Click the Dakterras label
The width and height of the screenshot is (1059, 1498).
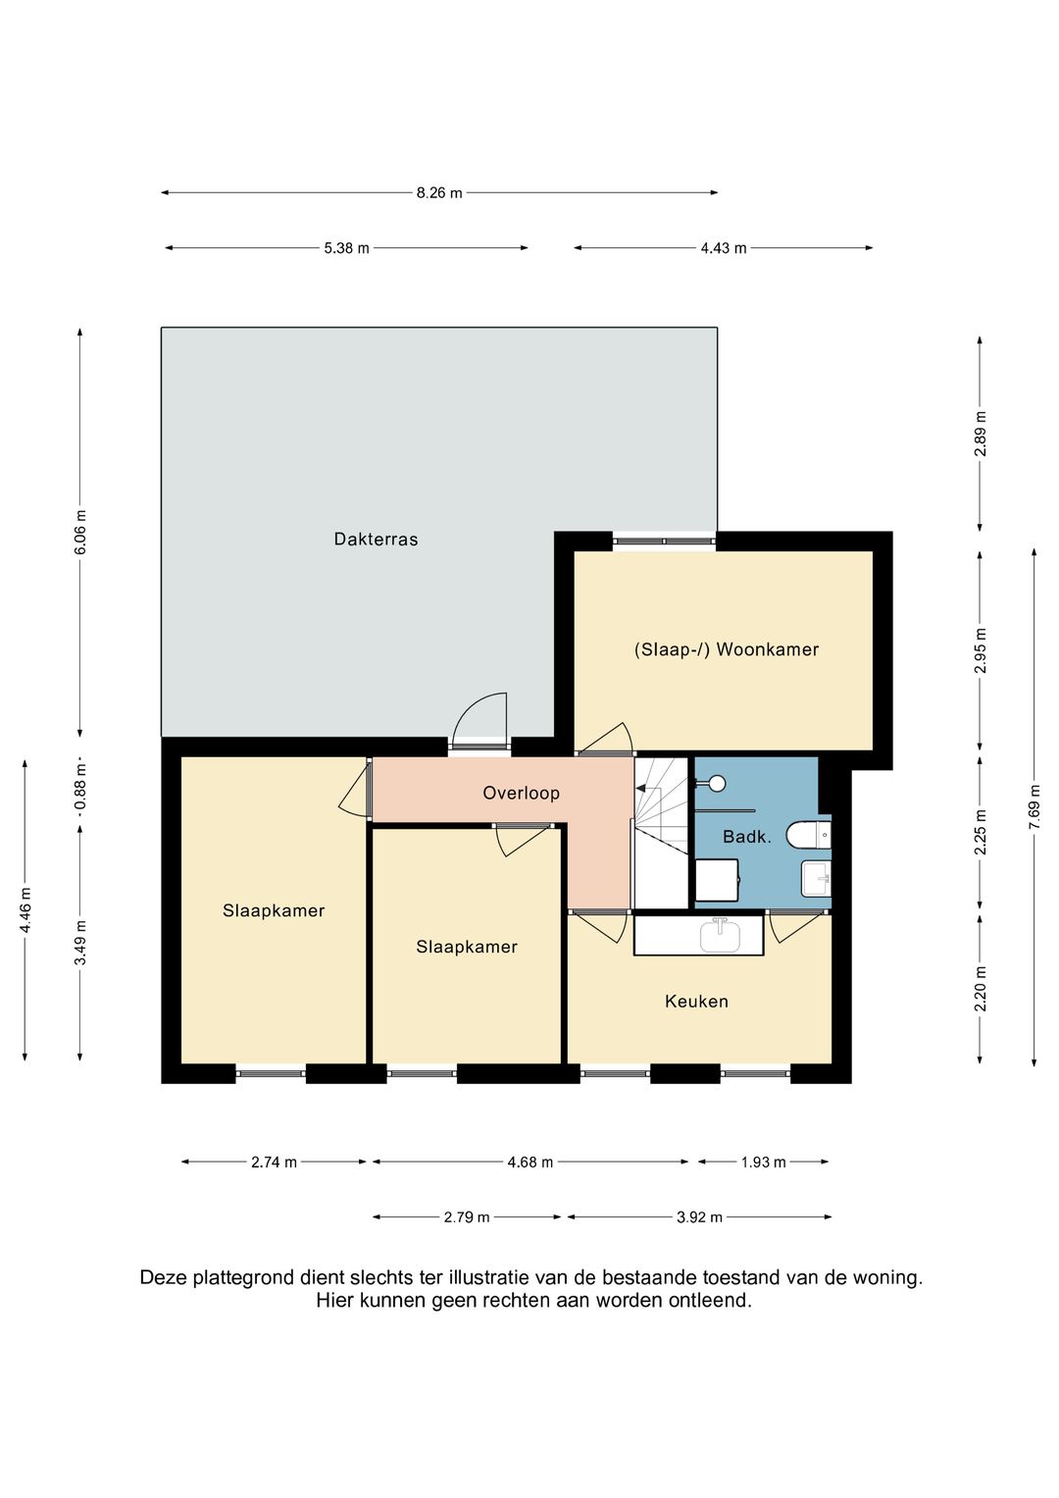pos(376,539)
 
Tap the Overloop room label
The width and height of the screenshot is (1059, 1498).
pos(521,793)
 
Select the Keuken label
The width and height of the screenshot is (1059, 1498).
pos(696,1001)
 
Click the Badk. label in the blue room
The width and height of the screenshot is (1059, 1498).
pos(747,837)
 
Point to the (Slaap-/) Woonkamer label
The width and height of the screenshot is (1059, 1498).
pos(726,649)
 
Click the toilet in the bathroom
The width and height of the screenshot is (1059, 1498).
pos(808,835)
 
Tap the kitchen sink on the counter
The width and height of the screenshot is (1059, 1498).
pos(720,934)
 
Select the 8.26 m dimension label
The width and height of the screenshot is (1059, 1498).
pos(439,193)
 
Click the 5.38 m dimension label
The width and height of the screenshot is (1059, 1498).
pos(346,248)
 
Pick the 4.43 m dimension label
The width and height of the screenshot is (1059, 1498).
pos(724,248)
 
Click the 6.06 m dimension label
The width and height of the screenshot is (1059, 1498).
pos(80,533)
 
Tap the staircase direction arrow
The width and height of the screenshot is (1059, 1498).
pos(640,789)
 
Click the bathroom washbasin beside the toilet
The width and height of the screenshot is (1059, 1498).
pos(816,878)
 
